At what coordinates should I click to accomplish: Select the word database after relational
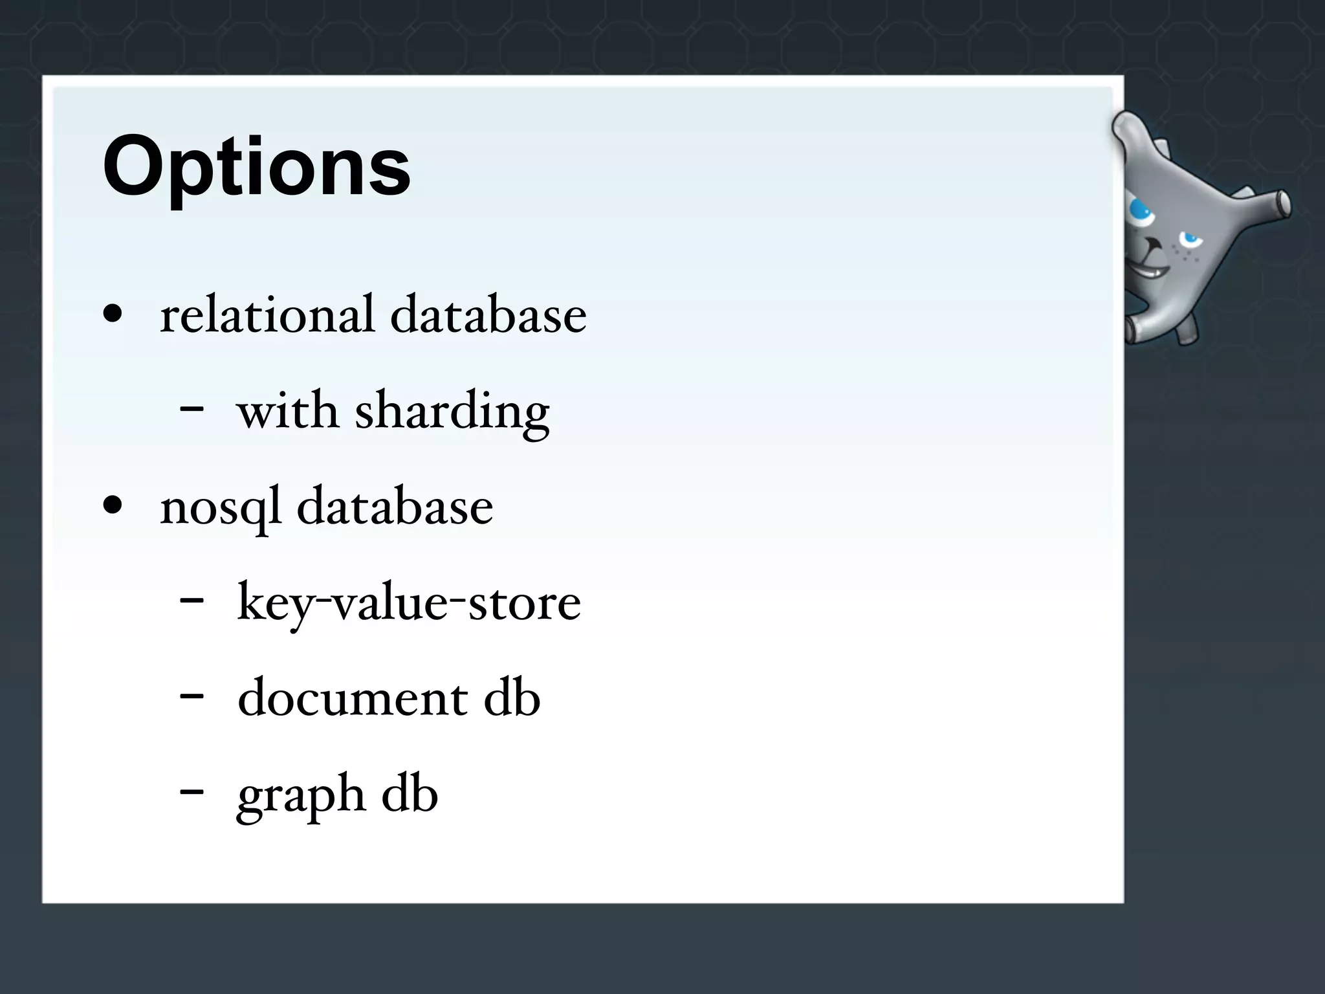pos(488,315)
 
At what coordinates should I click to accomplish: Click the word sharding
pos(452,412)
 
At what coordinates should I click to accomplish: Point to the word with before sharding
pos(288,410)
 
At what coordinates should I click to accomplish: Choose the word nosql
pos(221,507)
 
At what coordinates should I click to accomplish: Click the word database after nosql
pos(395,506)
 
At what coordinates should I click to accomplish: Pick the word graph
pos(301,795)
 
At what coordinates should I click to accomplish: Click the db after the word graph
pos(410,793)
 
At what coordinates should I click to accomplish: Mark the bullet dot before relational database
pos(113,315)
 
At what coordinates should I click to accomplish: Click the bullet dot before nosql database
pos(113,506)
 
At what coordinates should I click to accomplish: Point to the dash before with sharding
pos(192,409)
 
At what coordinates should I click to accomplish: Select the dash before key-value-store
pos(192,601)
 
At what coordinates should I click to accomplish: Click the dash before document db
pos(192,696)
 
